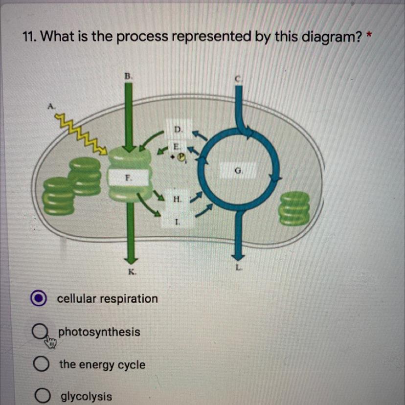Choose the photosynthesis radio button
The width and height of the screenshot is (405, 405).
pos(40,332)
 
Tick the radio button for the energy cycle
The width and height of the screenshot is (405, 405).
pos(41,364)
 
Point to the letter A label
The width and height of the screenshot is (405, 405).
pos(51,106)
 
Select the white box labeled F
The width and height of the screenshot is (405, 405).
pos(128,178)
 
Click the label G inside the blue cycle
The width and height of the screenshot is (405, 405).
pos(238,171)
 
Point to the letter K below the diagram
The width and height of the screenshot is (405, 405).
pos(132,272)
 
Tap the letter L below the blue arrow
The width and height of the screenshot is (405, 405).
pos(239,268)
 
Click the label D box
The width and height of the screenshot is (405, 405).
pos(179,129)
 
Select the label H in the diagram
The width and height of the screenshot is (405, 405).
pos(178,199)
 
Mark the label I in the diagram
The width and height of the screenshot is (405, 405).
pos(177,222)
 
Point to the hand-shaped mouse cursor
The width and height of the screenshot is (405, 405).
pos(50,342)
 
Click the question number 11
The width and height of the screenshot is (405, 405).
pos(29,37)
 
